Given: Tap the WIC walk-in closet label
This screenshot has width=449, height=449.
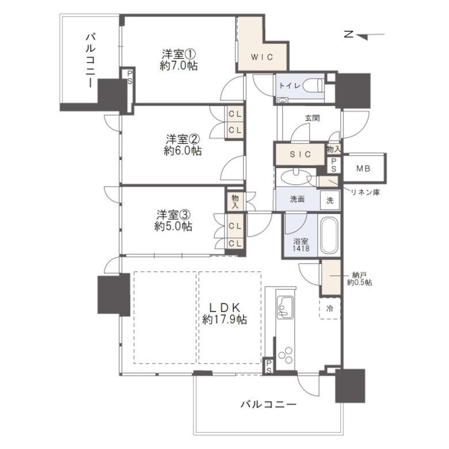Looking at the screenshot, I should (261, 57).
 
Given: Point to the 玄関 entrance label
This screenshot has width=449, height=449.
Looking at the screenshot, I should (312, 118).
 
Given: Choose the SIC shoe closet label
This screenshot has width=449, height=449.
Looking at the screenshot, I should (300, 154).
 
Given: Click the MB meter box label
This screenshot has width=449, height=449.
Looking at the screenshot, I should (363, 169).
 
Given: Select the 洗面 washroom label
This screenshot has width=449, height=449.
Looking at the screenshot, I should (297, 200).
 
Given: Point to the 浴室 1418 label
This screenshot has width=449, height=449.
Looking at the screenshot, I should (300, 245).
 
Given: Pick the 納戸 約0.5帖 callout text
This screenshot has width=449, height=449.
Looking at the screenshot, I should (359, 279).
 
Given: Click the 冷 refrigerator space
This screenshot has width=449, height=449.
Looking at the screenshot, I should (330, 309).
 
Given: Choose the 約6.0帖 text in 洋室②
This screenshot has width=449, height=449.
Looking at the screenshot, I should (182, 151).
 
